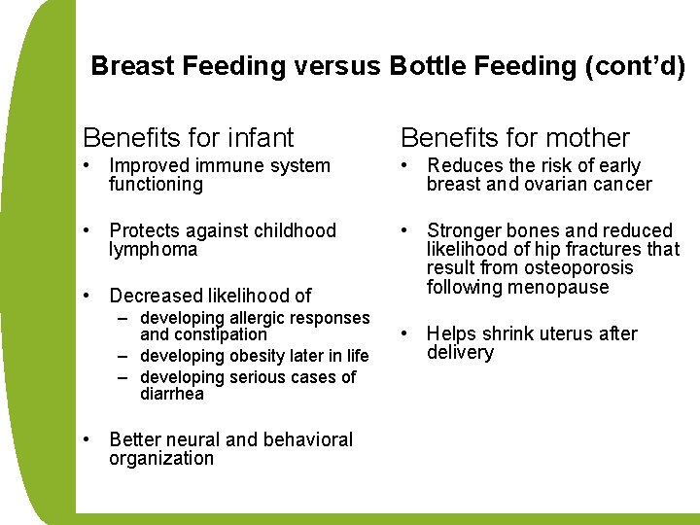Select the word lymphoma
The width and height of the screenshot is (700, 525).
tap(153, 250)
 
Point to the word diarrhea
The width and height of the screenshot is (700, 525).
tap(172, 394)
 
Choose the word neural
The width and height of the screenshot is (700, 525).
tap(195, 439)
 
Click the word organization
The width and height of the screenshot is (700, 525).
tap(160, 459)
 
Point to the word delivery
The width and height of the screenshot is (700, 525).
tap(460, 353)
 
